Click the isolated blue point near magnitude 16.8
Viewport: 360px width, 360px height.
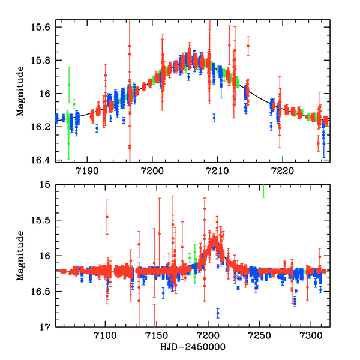point(218,313)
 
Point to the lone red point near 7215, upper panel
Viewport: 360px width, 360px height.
point(248,46)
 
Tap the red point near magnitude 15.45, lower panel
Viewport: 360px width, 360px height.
point(107,217)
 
